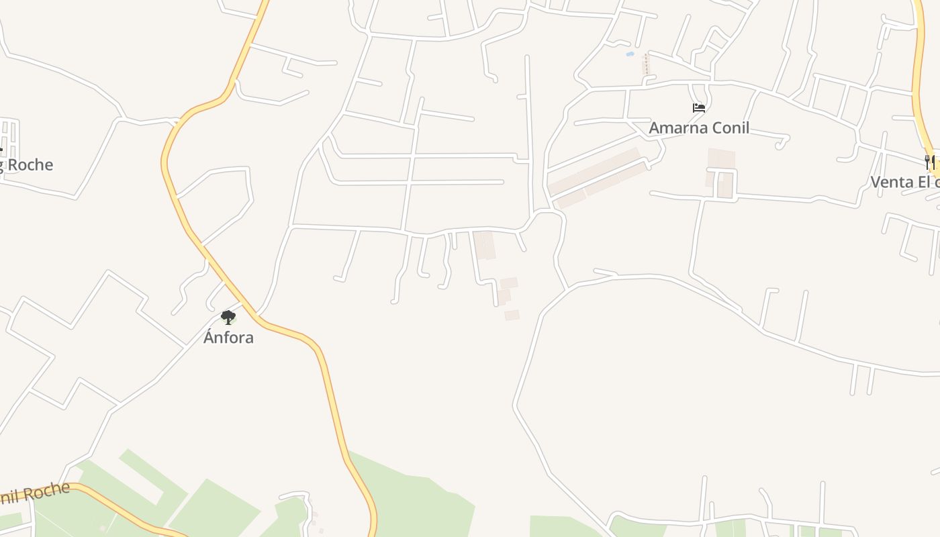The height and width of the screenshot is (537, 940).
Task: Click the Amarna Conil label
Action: tap(698, 128)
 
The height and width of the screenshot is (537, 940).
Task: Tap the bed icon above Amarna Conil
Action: tap(698, 107)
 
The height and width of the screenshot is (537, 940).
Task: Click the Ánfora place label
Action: tap(228, 337)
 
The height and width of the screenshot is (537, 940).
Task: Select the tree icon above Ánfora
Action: tap(228, 317)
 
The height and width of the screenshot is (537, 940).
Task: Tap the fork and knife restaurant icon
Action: tap(931, 162)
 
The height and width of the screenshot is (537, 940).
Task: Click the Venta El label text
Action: tap(904, 182)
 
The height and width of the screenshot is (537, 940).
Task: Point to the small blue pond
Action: tap(630, 53)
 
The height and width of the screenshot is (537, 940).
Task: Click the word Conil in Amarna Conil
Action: tap(727, 128)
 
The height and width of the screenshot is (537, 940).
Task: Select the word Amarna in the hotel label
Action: tap(675, 128)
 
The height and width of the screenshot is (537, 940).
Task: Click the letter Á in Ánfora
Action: tap(209, 336)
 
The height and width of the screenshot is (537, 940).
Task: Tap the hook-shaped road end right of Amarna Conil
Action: tap(783, 142)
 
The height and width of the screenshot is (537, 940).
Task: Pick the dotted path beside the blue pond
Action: tap(647, 64)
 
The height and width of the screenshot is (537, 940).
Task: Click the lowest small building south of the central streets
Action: tap(512, 315)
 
